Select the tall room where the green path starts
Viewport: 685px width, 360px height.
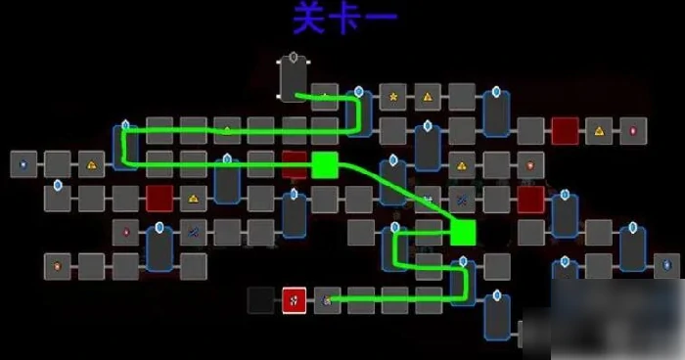click(x=294, y=77)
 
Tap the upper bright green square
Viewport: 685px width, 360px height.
click(x=324, y=164)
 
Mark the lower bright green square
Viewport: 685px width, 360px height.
click(x=463, y=232)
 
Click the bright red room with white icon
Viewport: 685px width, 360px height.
click(x=295, y=299)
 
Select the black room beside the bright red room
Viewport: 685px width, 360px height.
click(x=261, y=299)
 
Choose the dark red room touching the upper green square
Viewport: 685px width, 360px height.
click(x=295, y=164)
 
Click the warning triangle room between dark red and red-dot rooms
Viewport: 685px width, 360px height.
click(x=599, y=130)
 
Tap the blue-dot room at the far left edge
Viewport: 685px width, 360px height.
click(x=23, y=163)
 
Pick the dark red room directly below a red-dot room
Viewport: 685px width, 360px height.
click(x=531, y=199)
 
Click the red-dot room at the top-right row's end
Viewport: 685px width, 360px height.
click(x=633, y=130)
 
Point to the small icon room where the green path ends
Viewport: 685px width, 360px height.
click(x=326, y=299)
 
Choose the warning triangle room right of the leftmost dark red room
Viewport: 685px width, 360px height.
click(x=194, y=199)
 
